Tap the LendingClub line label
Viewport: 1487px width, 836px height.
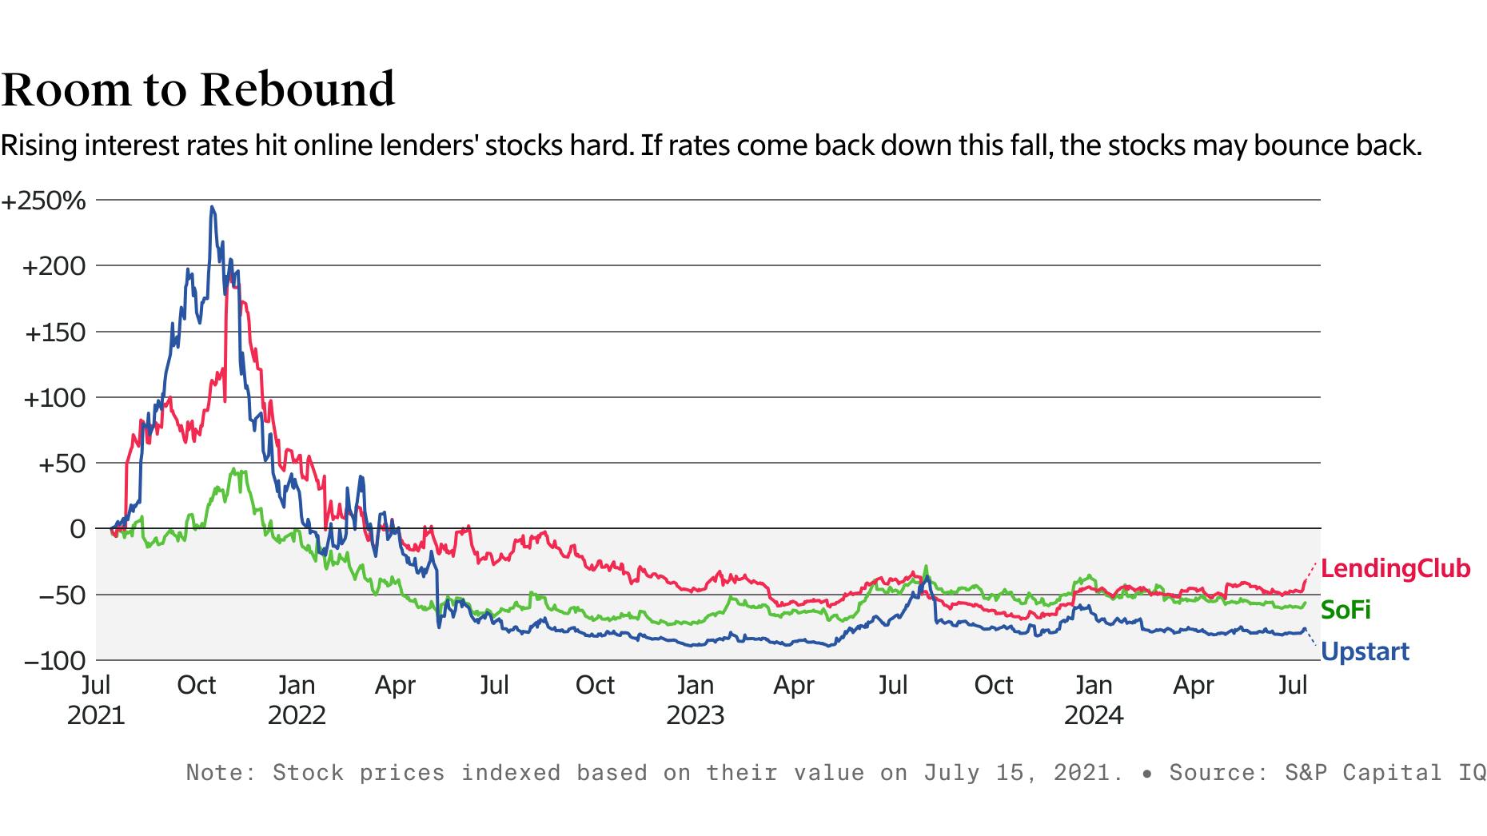pos(1395,569)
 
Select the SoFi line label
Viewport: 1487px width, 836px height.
pos(1345,611)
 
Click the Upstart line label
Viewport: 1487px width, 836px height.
pos(1365,652)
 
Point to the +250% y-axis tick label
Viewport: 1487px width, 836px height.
pos(44,201)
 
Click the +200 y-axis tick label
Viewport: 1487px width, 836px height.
pos(54,267)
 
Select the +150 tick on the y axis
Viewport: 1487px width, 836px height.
pos(55,332)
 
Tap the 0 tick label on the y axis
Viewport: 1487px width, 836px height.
pos(78,529)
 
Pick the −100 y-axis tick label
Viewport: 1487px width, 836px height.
pos(54,661)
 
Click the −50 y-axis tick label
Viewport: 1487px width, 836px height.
pos(58,595)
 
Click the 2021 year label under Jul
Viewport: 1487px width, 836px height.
pos(96,715)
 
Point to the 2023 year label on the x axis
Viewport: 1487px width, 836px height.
pos(695,715)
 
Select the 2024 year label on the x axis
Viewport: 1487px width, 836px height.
pos(1093,715)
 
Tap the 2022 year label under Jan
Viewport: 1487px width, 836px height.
pos(297,715)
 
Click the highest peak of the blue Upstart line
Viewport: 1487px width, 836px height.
pos(212,207)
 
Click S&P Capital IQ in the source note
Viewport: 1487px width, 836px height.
pos(1385,773)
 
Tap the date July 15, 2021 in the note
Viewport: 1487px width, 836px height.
pos(1018,773)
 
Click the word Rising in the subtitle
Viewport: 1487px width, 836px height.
pos(39,146)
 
